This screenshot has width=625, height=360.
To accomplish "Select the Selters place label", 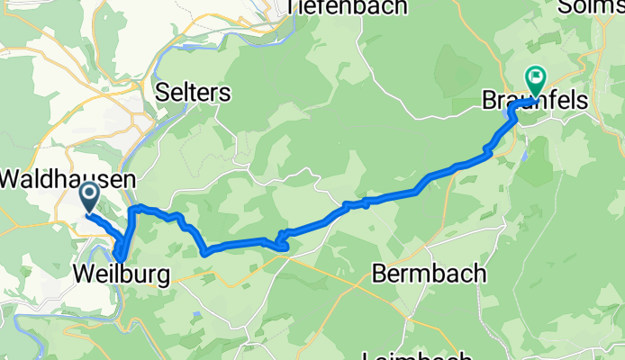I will click(x=193, y=93).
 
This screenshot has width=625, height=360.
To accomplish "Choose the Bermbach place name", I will click(x=430, y=272).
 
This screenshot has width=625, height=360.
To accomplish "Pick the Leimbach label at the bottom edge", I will click(x=419, y=355).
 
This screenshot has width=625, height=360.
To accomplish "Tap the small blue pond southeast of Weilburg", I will click(x=196, y=313).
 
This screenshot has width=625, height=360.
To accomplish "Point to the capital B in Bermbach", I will click(x=379, y=272).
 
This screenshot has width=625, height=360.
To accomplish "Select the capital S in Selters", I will click(x=162, y=93).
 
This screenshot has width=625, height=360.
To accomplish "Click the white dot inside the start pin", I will click(x=90, y=191).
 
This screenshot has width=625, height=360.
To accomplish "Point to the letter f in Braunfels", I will click(x=552, y=102).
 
